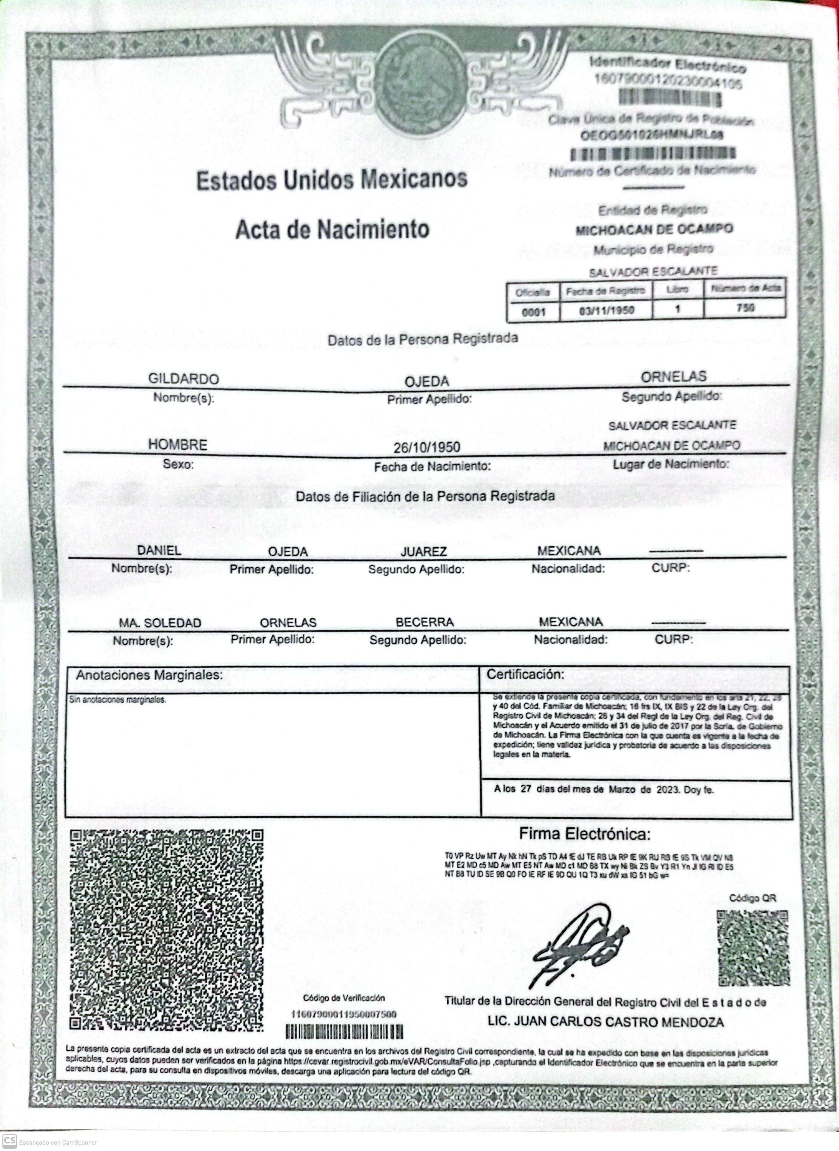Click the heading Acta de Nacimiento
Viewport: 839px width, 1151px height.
coord(332,229)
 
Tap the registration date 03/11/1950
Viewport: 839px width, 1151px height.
coord(607,310)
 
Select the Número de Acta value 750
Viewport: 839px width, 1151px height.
coord(745,307)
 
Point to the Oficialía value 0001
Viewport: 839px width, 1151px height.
coord(533,312)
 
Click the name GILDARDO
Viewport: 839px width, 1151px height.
coord(183,379)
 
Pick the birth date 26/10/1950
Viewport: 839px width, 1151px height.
coord(426,447)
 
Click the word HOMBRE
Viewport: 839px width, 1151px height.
coord(178,445)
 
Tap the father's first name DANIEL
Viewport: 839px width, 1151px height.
coord(159,550)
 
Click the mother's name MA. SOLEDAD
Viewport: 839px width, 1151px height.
coord(160,623)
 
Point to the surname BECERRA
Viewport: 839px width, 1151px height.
coord(425,622)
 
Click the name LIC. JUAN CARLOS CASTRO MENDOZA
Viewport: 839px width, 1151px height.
coord(605,1022)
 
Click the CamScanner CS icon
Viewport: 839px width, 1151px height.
coord(9,1141)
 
